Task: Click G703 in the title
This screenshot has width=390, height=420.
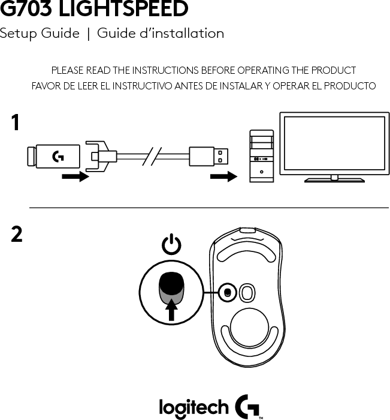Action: pos(29,10)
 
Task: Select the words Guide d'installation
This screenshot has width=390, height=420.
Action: pos(161,34)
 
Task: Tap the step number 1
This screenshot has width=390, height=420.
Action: pos(17,124)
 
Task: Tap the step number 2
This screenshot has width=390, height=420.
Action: pos(17,235)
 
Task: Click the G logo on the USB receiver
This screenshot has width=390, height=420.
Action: pos(59,158)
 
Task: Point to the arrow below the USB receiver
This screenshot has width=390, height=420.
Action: pos(75,177)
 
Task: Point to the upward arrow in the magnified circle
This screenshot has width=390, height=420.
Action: pos(173,310)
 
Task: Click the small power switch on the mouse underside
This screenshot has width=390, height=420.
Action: pos(227,292)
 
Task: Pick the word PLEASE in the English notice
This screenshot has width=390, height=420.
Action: pos(67,71)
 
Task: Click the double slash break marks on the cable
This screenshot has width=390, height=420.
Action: pos(153,158)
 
